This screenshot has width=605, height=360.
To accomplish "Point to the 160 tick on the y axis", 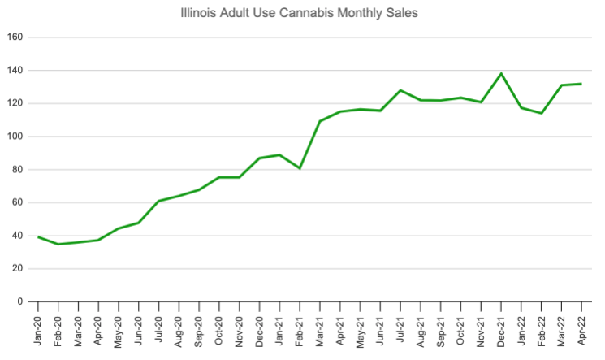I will click(14, 37).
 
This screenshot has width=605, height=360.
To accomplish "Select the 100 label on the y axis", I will click(14, 137).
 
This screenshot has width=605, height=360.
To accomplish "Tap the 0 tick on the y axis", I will click(19, 302).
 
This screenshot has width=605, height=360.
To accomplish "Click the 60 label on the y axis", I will click(16, 202).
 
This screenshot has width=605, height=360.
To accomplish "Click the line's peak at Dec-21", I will click(501, 74).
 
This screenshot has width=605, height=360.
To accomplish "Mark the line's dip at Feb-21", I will click(300, 168).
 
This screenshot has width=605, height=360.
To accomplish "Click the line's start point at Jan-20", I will click(38, 236).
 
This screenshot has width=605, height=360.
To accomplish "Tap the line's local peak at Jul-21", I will click(400, 90).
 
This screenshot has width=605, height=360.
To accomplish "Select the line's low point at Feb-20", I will click(58, 244).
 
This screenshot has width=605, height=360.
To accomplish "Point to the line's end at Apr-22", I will click(581, 84).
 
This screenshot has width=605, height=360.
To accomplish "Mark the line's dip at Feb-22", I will click(542, 113).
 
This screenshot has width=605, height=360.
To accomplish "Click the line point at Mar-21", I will click(320, 121).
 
